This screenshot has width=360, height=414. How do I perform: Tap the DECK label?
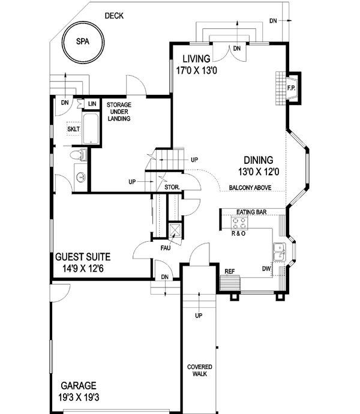click(x=113, y=16)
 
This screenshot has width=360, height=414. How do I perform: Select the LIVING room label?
click(x=192, y=59)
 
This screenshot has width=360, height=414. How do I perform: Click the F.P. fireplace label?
click(x=292, y=88)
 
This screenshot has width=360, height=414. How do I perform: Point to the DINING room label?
click(x=259, y=160)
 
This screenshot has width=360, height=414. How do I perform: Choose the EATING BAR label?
click(x=251, y=212)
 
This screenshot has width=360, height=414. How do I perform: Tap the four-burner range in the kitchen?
click(x=239, y=223)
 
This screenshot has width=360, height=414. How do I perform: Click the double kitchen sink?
click(x=280, y=252)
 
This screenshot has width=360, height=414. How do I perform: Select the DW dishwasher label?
click(x=266, y=269)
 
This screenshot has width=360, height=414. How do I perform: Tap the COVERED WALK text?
click(x=198, y=371)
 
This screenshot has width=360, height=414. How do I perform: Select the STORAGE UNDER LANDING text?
click(x=119, y=112)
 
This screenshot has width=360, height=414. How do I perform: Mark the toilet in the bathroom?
click(x=79, y=156)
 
